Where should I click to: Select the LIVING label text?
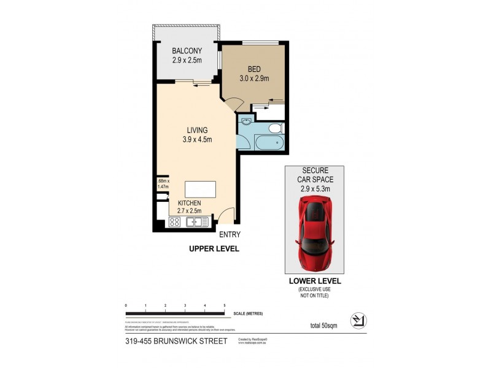(197, 130)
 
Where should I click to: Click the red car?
(314, 234)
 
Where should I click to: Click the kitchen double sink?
(196, 222)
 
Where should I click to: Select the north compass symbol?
(356, 320)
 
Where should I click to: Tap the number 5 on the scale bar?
(224, 305)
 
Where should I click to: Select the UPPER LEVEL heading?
(214, 249)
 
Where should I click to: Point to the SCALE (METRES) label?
(248, 314)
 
